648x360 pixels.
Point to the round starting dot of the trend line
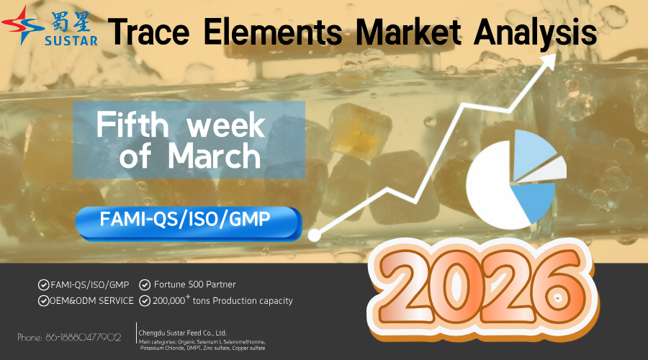314,235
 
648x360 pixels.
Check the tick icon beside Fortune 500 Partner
145,284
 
